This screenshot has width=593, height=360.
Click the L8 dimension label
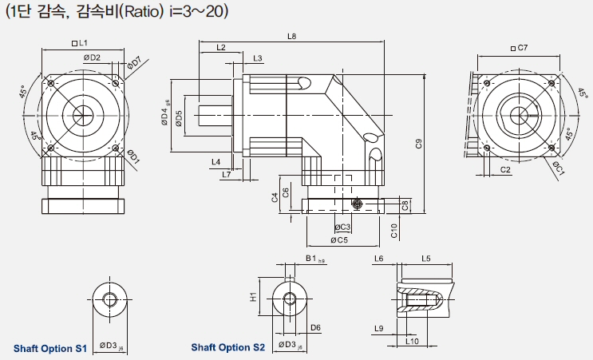[291, 37]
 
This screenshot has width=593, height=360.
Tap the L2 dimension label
[221, 48]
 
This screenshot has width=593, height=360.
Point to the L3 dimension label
[257, 58]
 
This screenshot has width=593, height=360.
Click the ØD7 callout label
[133, 62]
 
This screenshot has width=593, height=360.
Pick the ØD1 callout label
[132, 159]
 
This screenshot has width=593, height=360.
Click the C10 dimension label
[394, 230]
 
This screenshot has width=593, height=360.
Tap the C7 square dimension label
[520, 48]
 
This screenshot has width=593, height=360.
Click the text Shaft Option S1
[49, 348]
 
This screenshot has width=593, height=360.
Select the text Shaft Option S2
[227, 347]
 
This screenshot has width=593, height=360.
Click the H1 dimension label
[253, 297]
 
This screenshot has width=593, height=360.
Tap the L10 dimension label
[412, 341]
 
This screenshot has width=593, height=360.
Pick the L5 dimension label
[425, 259]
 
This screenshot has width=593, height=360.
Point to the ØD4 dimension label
[165, 117]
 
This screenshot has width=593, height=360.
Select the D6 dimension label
[315, 327]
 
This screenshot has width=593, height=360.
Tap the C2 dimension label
[505, 170]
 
